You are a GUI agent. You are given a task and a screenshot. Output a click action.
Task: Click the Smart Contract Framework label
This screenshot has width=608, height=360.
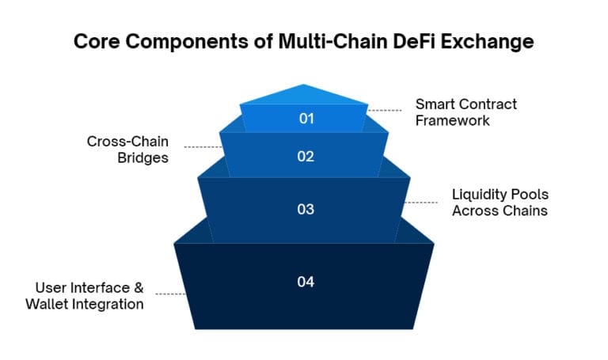455,112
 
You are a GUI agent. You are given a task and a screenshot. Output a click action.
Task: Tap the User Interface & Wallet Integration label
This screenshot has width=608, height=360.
89,295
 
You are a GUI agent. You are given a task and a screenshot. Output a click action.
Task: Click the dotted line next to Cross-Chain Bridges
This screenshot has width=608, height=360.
203,147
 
